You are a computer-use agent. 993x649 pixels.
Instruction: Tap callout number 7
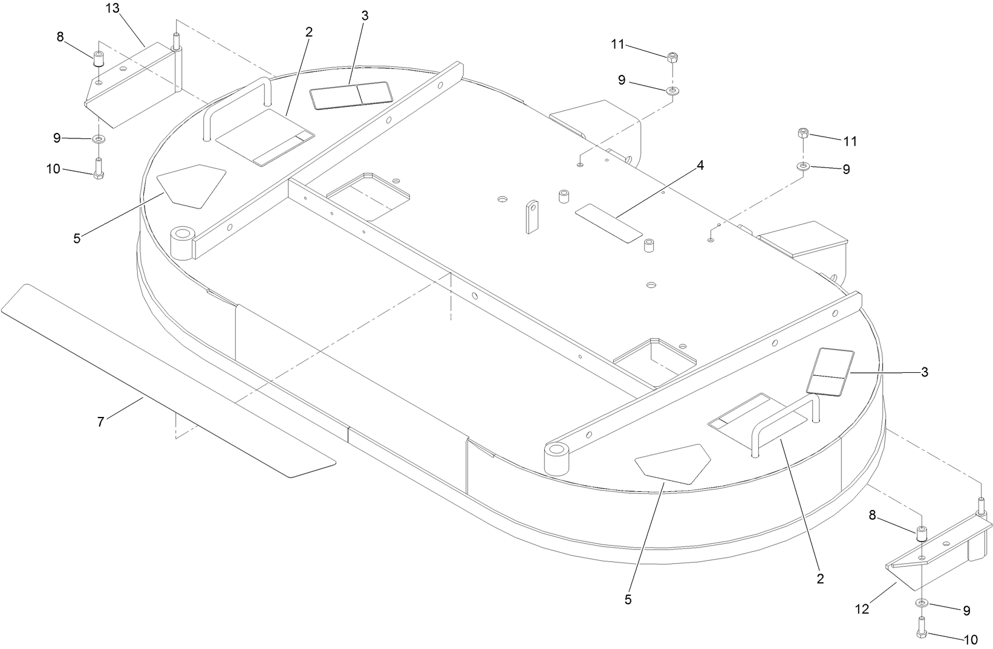(101, 422)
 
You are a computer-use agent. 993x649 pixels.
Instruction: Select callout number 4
(700, 166)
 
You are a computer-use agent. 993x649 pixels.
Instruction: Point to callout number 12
(861, 610)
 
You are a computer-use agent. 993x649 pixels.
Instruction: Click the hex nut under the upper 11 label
(672, 58)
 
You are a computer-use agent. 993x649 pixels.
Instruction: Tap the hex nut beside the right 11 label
(803, 134)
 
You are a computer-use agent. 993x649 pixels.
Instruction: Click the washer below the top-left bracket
(98, 139)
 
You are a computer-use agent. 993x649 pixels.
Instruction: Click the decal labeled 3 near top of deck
(351, 95)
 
